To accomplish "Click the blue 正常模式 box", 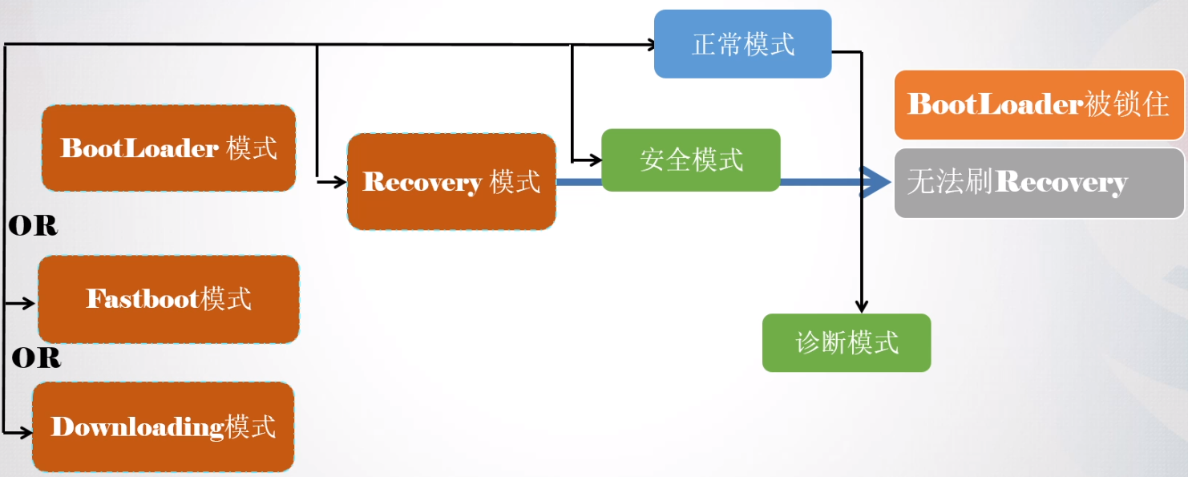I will [742, 44].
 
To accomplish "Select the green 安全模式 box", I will [690, 160].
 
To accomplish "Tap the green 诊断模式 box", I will [846, 342].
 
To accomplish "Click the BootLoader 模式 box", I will [168, 148].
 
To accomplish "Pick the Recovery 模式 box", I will [451, 182].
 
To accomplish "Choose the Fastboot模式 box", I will [168, 299].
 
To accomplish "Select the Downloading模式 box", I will [163, 426].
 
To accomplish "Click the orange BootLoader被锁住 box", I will [1039, 104].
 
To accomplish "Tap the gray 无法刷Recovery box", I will [1039, 183].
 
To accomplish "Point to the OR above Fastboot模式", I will [33, 227].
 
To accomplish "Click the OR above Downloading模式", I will [36, 358].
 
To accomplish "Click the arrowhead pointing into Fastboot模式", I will [30, 303].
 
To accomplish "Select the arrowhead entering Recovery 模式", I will [340, 182].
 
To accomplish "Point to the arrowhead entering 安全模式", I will [595, 160].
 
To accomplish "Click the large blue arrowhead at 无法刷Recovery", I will [878, 182].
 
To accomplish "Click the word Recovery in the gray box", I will [1061, 183].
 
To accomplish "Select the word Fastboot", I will [143, 299].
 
